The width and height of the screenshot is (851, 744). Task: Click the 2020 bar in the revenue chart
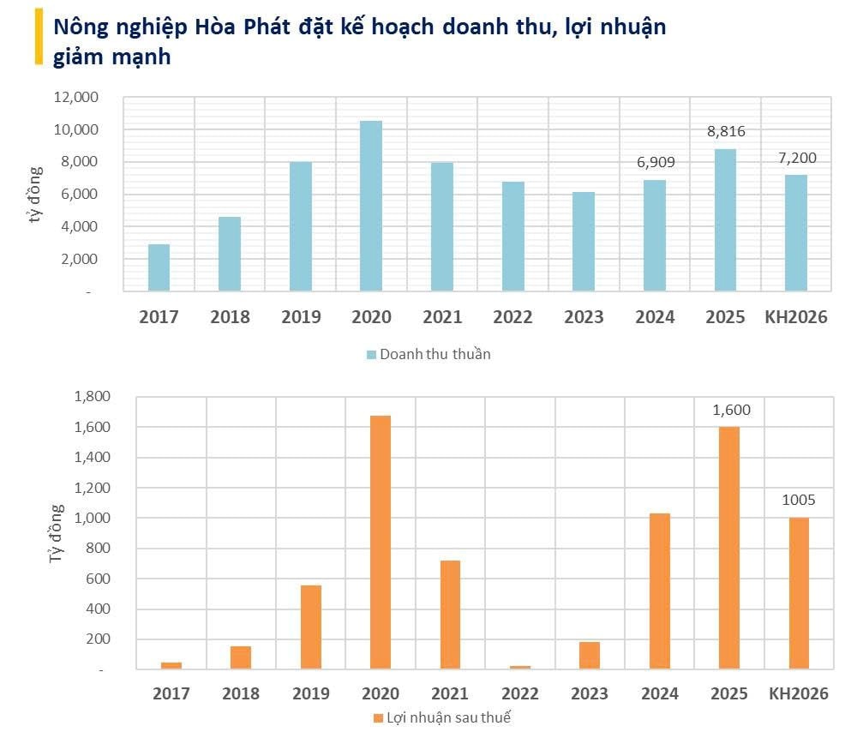[x=371, y=206]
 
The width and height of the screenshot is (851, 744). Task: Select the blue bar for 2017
[x=159, y=267]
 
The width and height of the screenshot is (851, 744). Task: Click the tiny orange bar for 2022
[x=520, y=667]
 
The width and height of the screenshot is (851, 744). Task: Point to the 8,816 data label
[x=725, y=131]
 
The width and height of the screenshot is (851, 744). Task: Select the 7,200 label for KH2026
[x=796, y=157]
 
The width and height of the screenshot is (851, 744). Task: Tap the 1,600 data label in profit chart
[x=731, y=410]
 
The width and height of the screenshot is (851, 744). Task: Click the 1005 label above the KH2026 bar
[x=799, y=500]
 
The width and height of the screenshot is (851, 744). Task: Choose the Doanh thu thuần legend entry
[x=428, y=354]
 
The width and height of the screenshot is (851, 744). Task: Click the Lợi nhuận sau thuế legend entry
[x=441, y=717]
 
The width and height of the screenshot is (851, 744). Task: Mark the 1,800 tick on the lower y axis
[x=93, y=397]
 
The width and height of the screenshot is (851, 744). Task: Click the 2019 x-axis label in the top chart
[x=301, y=317]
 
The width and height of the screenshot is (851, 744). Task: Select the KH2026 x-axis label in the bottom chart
[x=799, y=693]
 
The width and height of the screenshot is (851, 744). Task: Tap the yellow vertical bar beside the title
[x=38, y=38]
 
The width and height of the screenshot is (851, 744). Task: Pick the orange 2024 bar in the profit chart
[x=659, y=591]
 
